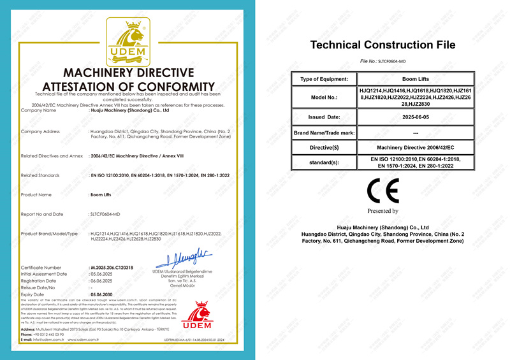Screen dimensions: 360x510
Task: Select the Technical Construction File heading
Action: click(382, 45)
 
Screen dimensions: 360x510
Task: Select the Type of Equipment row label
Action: click(324, 79)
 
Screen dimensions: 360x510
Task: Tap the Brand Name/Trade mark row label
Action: click(324, 133)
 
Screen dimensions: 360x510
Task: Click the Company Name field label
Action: click(39, 110)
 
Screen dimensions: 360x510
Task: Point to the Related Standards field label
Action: click(40, 175)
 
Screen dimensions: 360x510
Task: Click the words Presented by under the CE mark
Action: click(382, 211)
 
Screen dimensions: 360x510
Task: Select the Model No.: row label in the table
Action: click(324, 98)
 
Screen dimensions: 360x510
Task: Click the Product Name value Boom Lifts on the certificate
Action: click(102, 194)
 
